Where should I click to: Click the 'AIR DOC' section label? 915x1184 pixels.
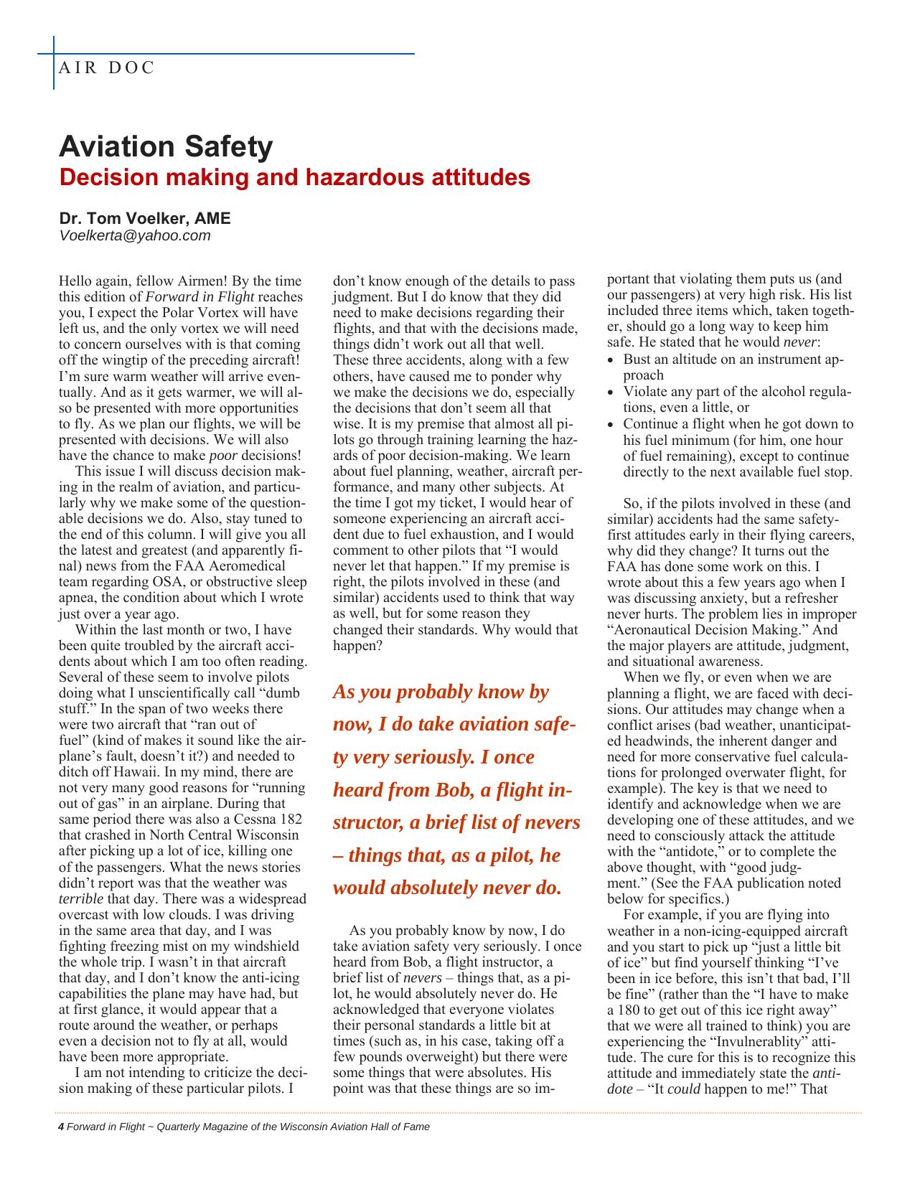(106, 68)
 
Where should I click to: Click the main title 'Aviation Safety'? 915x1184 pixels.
(166, 146)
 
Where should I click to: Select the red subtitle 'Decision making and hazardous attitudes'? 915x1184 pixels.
(294, 177)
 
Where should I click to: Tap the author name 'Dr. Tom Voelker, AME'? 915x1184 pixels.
(144, 218)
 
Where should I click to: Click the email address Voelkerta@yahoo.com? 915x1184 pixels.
(134, 235)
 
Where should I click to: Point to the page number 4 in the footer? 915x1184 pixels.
(61, 1127)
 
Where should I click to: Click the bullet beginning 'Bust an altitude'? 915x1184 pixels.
(732, 367)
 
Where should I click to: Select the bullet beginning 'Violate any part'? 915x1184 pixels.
(736, 400)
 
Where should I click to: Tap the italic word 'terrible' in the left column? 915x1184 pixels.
(80, 899)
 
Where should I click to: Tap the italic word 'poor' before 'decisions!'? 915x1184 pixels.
(223, 456)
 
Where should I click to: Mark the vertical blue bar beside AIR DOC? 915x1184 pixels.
(54, 63)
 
